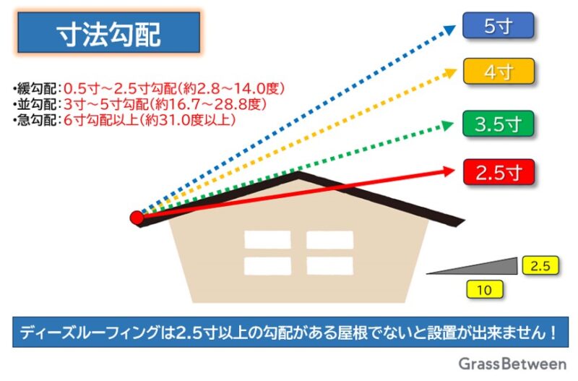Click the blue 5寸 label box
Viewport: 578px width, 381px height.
point(498,25)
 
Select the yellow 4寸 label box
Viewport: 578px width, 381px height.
point(499,71)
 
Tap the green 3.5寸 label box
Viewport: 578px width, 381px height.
point(498,124)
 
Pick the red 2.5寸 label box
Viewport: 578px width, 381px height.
point(499,172)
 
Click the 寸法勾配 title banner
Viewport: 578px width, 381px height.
point(109,33)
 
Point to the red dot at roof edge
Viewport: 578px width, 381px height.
point(137,218)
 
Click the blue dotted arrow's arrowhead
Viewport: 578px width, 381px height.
point(449,30)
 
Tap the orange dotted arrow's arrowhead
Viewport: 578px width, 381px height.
point(450,73)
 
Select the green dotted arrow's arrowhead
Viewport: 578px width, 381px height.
point(448,125)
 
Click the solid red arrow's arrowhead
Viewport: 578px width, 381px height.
point(449,171)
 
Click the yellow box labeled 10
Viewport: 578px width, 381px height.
point(484,289)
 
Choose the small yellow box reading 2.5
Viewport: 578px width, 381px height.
point(540,265)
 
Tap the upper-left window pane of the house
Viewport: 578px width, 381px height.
point(267,240)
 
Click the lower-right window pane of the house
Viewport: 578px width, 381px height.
point(330,266)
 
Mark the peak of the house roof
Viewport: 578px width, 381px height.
point(298,172)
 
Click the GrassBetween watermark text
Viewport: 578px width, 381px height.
point(512,364)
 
